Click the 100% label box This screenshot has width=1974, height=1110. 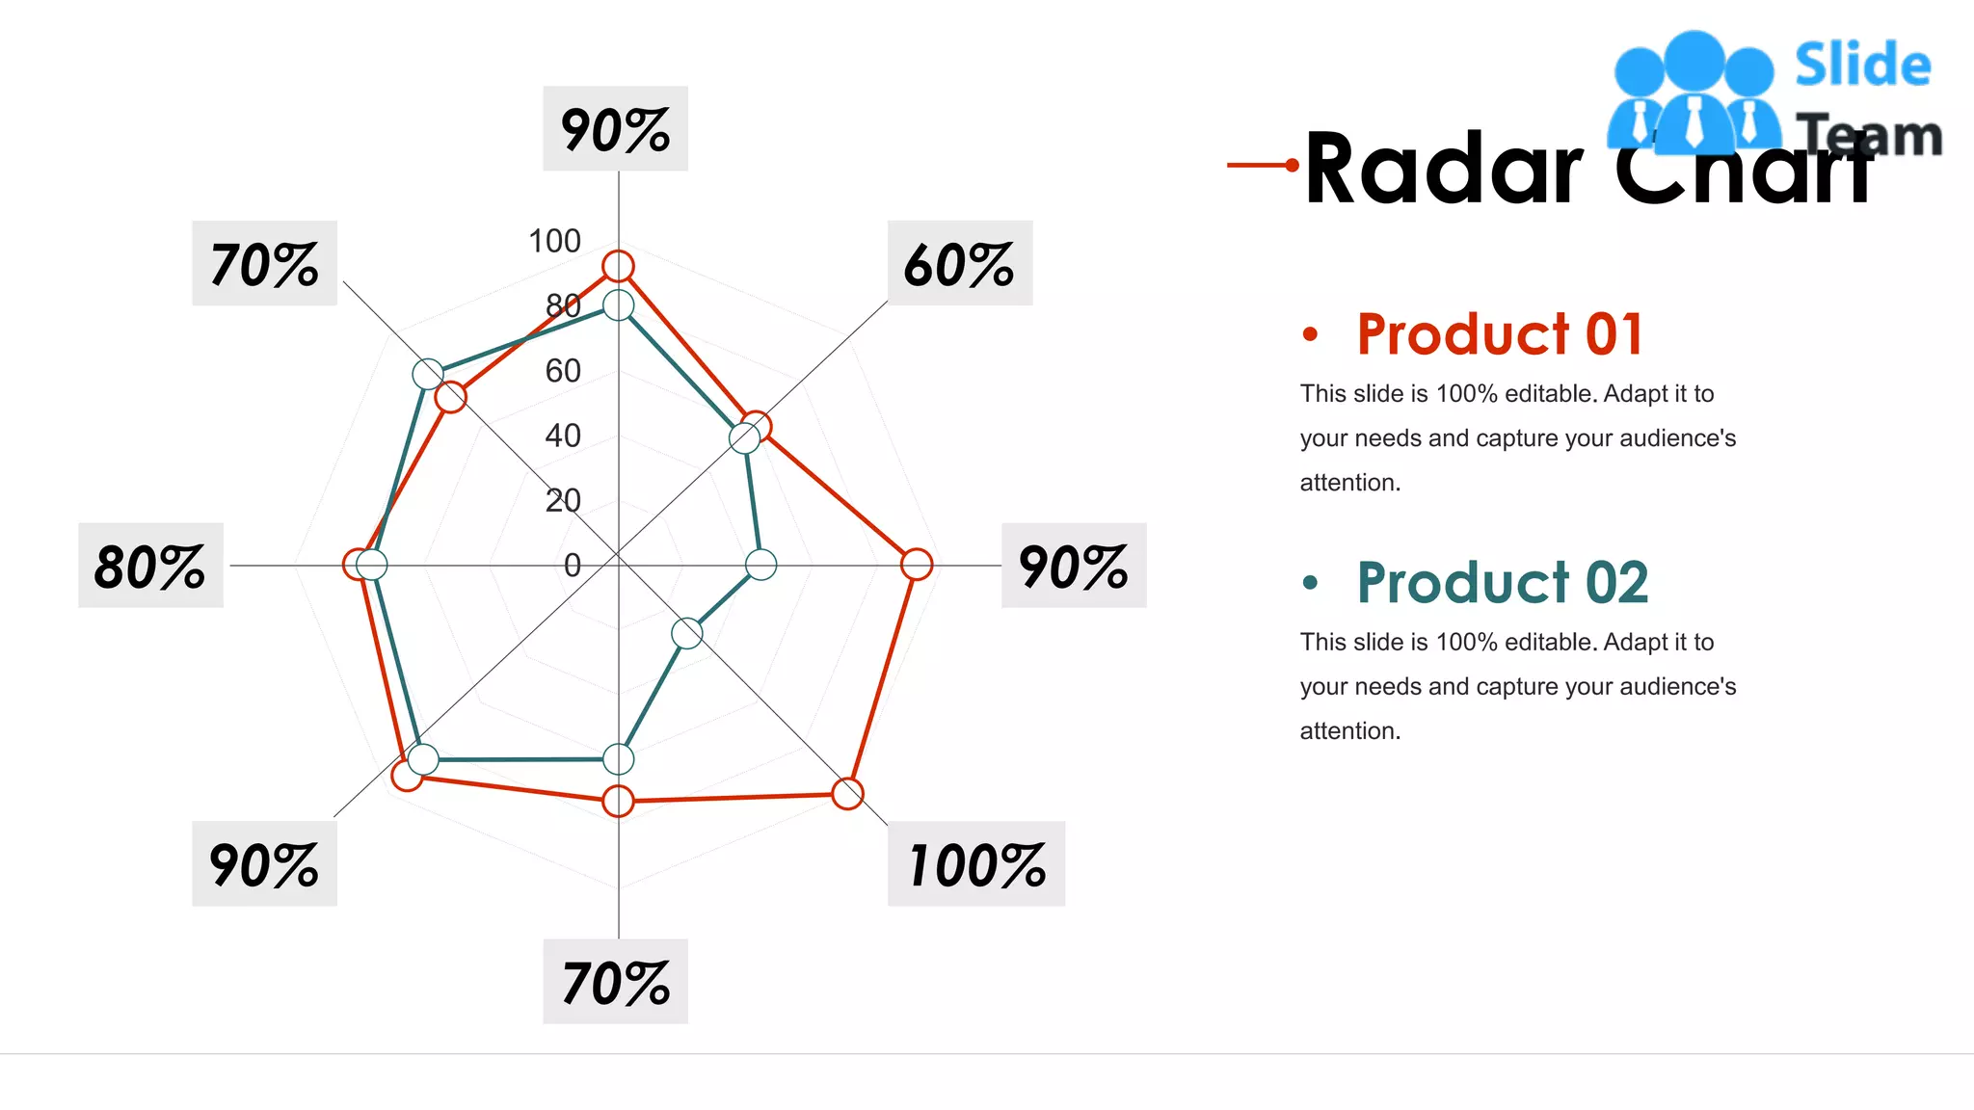pyautogui.click(x=975, y=864)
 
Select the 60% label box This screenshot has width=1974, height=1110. pyautogui.click(x=959, y=263)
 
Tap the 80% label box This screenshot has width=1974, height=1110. pyautogui.click(x=150, y=566)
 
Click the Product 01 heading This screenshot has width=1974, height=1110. pyautogui.click(x=1499, y=334)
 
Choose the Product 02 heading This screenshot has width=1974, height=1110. pyautogui.click(x=1502, y=583)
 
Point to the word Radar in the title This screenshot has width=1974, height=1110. pyautogui.click(x=1443, y=170)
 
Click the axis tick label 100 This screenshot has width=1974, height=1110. pyautogui.click(x=554, y=241)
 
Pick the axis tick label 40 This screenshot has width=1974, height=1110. pyautogui.click(x=563, y=436)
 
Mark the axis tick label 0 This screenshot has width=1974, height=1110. pyautogui.click(x=572, y=566)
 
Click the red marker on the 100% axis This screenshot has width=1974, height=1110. pyautogui.click(x=847, y=794)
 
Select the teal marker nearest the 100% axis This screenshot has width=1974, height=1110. pyautogui.click(x=687, y=633)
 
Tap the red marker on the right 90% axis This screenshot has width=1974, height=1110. pyautogui.click(x=917, y=565)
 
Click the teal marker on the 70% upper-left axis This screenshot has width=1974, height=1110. pyautogui.click(x=428, y=373)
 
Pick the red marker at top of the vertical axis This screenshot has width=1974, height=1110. pyautogui.click(x=618, y=266)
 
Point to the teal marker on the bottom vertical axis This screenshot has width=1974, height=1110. pyautogui.click(x=618, y=759)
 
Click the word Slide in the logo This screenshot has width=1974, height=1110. pyautogui.click(x=1862, y=66)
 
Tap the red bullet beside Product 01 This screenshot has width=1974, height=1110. pyautogui.click(x=1309, y=334)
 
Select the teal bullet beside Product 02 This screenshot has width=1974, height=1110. pyautogui.click(x=1309, y=583)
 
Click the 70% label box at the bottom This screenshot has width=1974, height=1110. pyautogui.click(x=615, y=982)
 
